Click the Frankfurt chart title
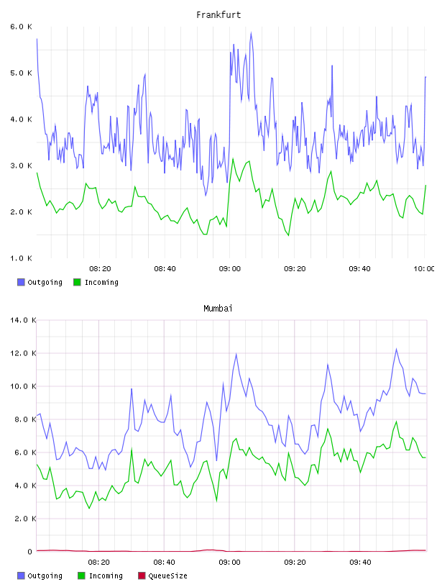point(218,15)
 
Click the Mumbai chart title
point(218,309)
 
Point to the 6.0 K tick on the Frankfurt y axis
point(21,27)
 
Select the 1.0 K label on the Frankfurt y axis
point(21,258)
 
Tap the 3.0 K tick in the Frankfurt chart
point(21,165)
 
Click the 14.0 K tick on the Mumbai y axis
point(23,320)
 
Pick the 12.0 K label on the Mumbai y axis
point(23,353)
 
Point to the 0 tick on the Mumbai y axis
point(30,552)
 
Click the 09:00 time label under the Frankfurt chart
point(230,269)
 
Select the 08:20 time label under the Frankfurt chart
point(100,269)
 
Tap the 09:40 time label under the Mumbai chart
point(360,563)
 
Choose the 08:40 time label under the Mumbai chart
point(165,563)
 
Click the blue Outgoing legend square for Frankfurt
point(21,282)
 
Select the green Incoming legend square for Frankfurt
point(77,282)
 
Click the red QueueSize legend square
point(142,575)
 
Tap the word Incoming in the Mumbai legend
point(106,576)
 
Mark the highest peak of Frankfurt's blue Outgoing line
point(251,32)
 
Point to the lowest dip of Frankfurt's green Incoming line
point(288,235)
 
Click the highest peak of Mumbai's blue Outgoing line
point(396,349)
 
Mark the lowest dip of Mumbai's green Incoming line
point(89,508)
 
